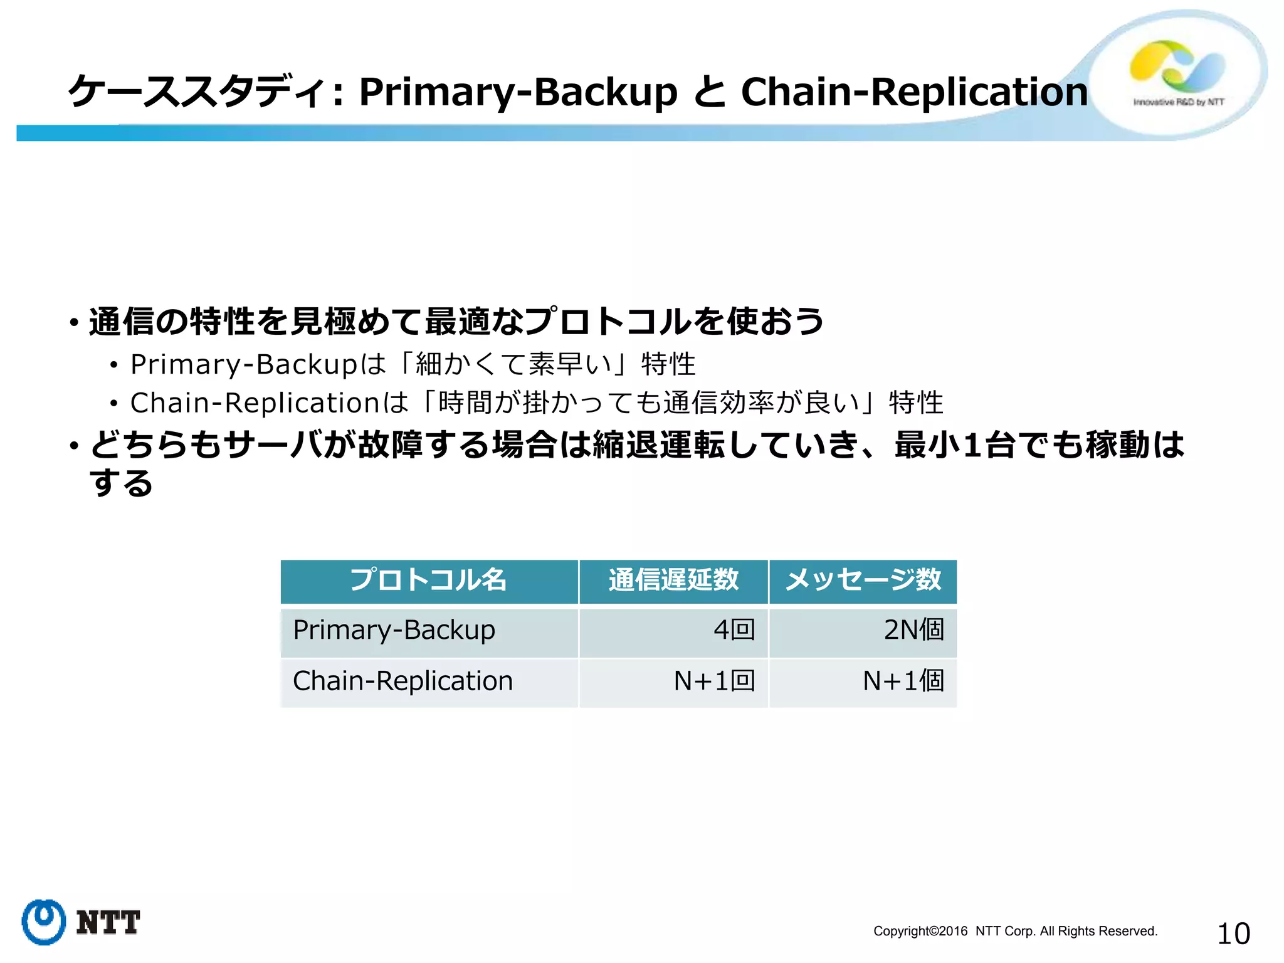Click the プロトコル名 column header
click(428, 580)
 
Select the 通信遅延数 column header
click(673, 580)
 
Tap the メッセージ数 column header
click(863, 580)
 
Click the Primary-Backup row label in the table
click(394, 630)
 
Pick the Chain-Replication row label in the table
click(403, 681)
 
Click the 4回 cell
click(734, 630)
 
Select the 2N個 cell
click(913, 630)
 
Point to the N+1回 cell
click(714, 681)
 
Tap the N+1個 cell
click(903, 681)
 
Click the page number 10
click(1233, 934)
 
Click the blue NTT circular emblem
click(43, 922)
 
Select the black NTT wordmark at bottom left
click(108, 923)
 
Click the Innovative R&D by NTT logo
click(1177, 74)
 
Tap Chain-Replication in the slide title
click(914, 92)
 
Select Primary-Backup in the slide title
click(518, 92)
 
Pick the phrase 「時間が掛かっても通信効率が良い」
click(650, 403)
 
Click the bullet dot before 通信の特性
click(75, 324)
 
